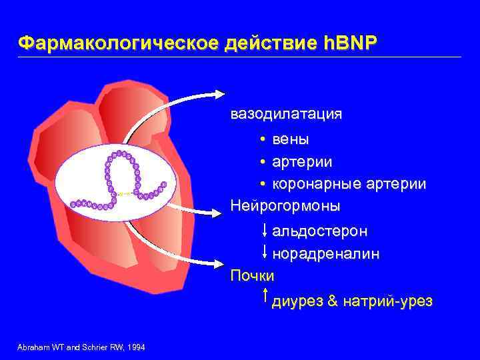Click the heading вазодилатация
click(286, 114)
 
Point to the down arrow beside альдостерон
click(265, 229)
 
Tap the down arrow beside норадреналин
click(265, 251)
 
